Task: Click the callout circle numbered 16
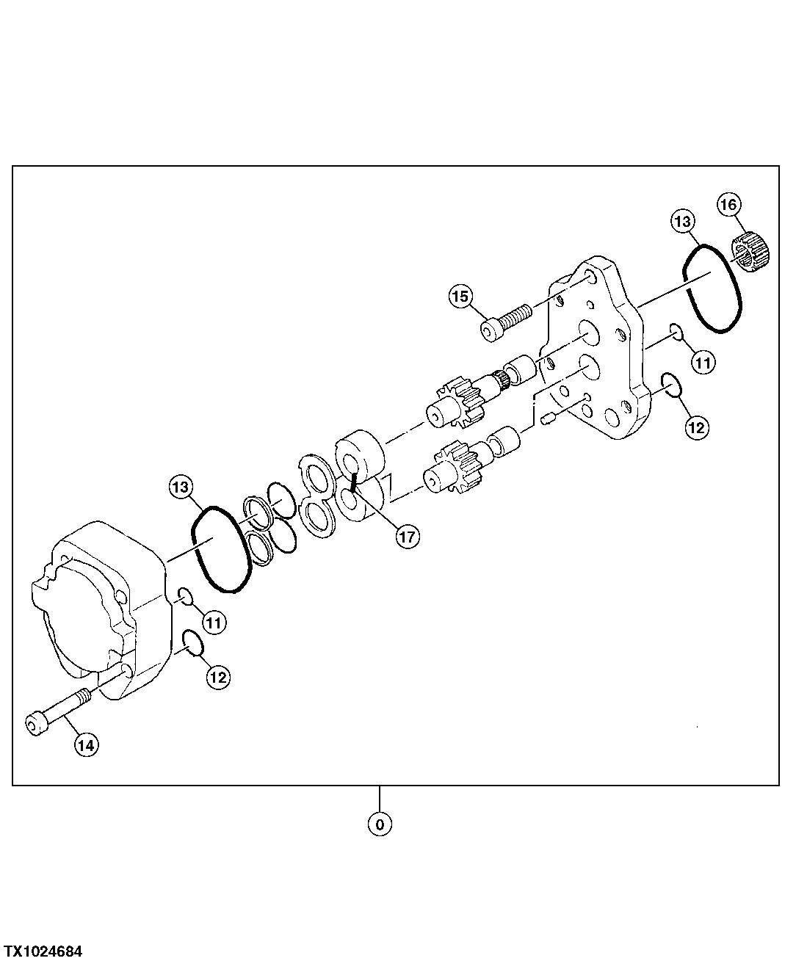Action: point(729,205)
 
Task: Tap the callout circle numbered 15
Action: point(460,297)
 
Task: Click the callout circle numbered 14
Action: point(85,745)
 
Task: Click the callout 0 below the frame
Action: point(380,824)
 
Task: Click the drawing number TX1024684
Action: point(42,951)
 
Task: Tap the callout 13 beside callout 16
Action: point(682,221)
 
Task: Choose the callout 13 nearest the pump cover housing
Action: point(181,486)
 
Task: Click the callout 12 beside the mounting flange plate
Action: point(697,427)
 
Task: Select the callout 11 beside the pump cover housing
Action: point(214,623)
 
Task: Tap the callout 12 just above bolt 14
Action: point(218,677)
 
